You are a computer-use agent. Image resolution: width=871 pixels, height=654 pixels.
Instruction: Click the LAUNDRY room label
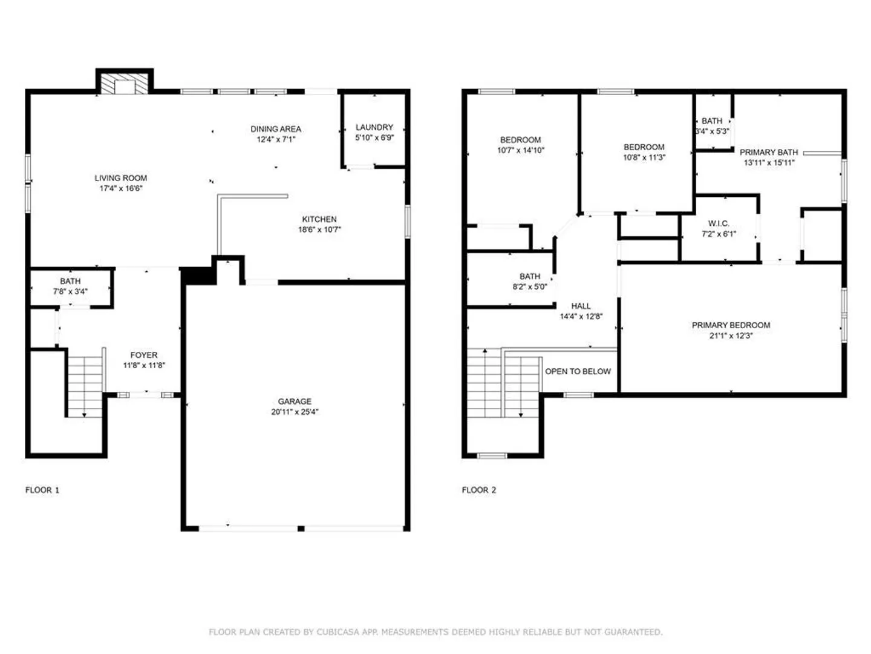pyautogui.click(x=374, y=127)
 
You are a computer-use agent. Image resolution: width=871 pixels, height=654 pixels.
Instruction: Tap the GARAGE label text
pyautogui.click(x=294, y=401)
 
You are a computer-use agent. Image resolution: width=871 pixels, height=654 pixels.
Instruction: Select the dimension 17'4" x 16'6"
pyautogui.click(x=120, y=188)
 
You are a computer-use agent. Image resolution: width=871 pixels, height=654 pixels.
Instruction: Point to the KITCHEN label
pyautogui.click(x=319, y=219)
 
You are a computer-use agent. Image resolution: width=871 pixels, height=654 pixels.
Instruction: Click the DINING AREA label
pyautogui.click(x=275, y=128)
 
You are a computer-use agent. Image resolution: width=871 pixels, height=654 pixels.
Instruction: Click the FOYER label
pyautogui.click(x=143, y=355)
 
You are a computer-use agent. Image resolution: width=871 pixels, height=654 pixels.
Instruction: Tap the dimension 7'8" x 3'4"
pyautogui.click(x=70, y=291)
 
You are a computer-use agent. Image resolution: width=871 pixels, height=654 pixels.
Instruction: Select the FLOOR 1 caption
pyautogui.click(x=42, y=490)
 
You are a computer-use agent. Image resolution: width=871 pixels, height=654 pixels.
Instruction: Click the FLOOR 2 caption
pyautogui.click(x=478, y=490)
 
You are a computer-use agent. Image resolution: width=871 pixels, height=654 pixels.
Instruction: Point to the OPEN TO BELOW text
pyautogui.click(x=578, y=371)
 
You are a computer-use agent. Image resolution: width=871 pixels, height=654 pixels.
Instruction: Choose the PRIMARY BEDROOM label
pyautogui.click(x=731, y=325)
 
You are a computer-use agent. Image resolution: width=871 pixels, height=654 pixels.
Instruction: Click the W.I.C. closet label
pyautogui.click(x=718, y=223)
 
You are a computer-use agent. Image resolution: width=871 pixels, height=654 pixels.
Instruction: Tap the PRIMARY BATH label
pyautogui.click(x=769, y=152)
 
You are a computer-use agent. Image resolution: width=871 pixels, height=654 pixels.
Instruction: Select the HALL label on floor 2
pyautogui.click(x=581, y=306)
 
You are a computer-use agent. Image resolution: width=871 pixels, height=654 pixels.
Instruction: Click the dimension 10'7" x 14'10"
pyautogui.click(x=520, y=150)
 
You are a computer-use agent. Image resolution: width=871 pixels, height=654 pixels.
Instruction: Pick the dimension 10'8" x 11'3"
pyautogui.click(x=644, y=157)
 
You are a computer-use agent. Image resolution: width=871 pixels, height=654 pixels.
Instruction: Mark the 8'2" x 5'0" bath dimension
pyautogui.click(x=529, y=286)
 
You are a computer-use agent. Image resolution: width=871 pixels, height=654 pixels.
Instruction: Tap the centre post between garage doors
pyautogui.click(x=301, y=528)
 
